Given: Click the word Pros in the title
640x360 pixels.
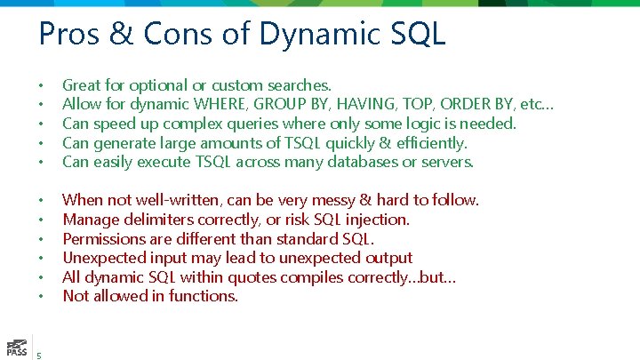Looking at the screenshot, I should pyautogui.click(x=69, y=35).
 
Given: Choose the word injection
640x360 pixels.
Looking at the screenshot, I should pyautogui.click(x=380, y=220).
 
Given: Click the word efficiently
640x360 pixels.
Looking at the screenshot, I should pyautogui.click(x=424, y=143).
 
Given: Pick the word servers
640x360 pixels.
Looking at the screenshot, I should pyautogui.click(x=446, y=162).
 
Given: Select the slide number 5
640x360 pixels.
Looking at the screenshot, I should pyautogui.click(x=39, y=354).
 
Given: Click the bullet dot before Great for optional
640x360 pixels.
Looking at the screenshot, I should pyautogui.click(x=41, y=86).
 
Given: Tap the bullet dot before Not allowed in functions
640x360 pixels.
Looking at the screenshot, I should pyautogui.click(x=41, y=297).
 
